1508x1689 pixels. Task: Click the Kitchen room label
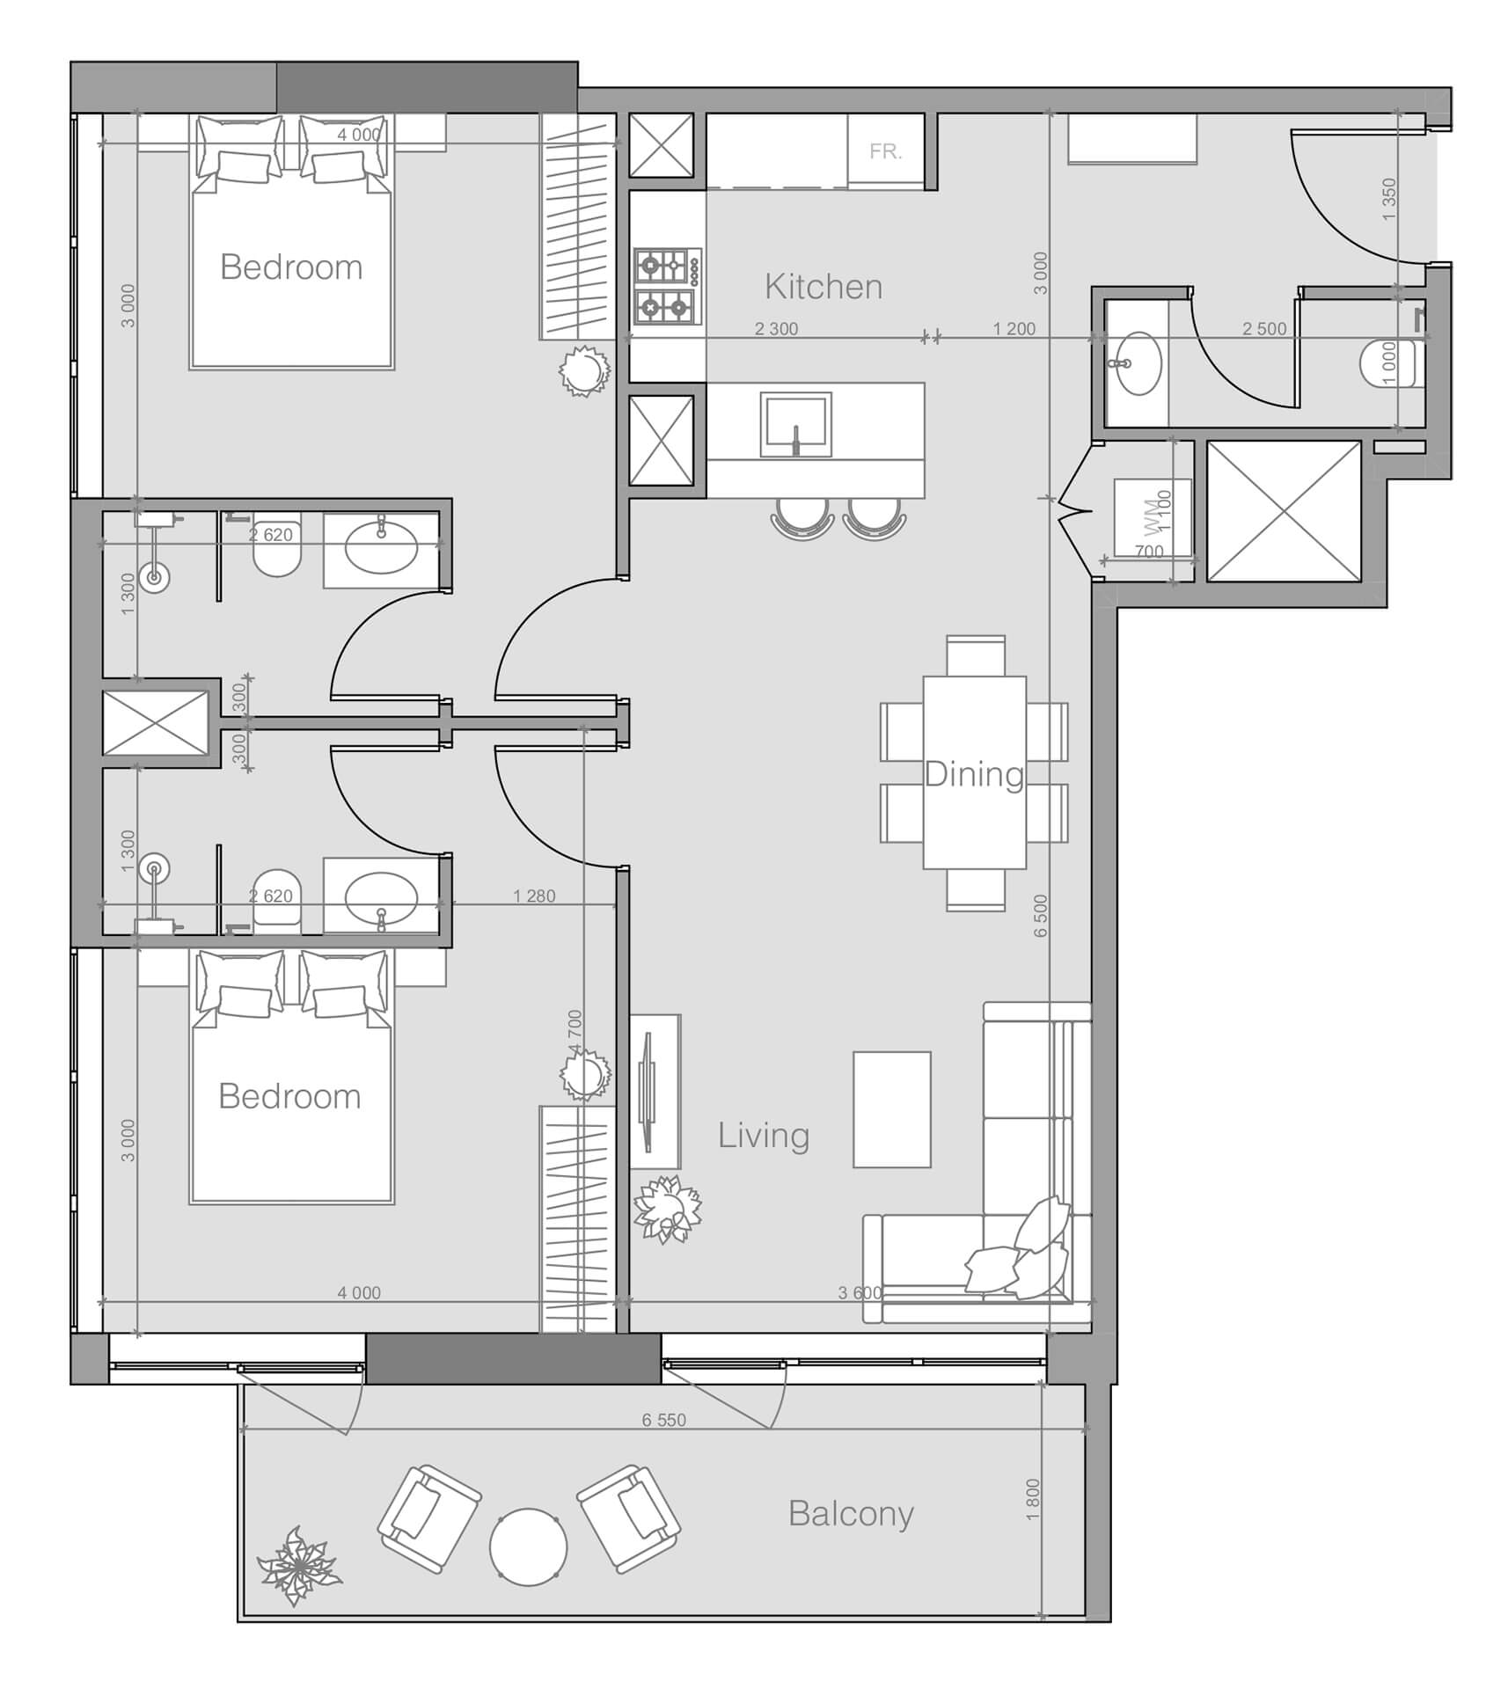823,287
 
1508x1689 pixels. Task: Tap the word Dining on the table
974,774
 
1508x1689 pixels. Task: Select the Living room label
763,1135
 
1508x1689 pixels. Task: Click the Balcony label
851,1513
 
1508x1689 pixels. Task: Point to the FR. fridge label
885,151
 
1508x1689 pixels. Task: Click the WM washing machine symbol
1152,518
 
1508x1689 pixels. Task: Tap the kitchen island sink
796,424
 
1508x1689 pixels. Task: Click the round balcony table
528,1547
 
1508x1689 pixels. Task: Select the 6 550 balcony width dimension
663,1420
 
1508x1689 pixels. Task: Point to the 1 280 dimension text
534,896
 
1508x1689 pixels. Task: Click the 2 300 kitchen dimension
776,329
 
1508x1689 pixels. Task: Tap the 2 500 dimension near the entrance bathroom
1263,329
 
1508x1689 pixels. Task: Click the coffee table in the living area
891,1109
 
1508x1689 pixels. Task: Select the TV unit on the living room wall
655,1091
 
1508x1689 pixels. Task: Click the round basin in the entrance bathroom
1138,362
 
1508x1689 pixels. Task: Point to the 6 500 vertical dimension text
1041,916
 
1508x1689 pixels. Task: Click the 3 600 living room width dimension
859,1293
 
